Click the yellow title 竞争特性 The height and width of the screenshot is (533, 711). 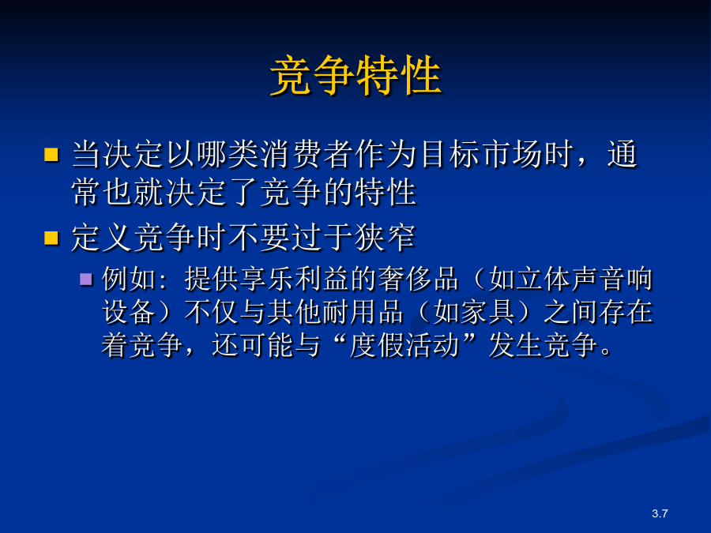(x=355, y=75)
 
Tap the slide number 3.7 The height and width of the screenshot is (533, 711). (x=660, y=513)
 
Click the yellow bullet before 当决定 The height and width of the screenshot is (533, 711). (x=51, y=155)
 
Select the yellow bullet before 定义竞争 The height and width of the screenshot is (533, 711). (x=51, y=238)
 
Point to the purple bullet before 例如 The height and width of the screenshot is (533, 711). (x=86, y=279)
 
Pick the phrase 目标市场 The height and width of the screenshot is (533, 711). (x=481, y=155)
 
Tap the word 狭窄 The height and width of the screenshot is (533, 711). (x=385, y=238)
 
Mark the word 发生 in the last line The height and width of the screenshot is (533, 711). (x=515, y=345)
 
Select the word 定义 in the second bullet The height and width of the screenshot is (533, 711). (x=103, y=238)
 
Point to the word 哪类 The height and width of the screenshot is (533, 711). (x=228, y=155)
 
